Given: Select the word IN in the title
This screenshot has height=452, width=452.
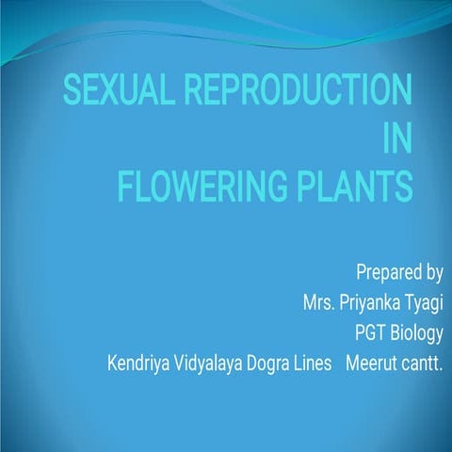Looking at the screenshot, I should click(399, 139).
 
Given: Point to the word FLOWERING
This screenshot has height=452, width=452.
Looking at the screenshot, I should click(210, 186).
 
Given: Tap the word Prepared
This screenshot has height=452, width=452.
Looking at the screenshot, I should click(386, 274).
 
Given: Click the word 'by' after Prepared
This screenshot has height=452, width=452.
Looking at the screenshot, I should click(431, 274).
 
